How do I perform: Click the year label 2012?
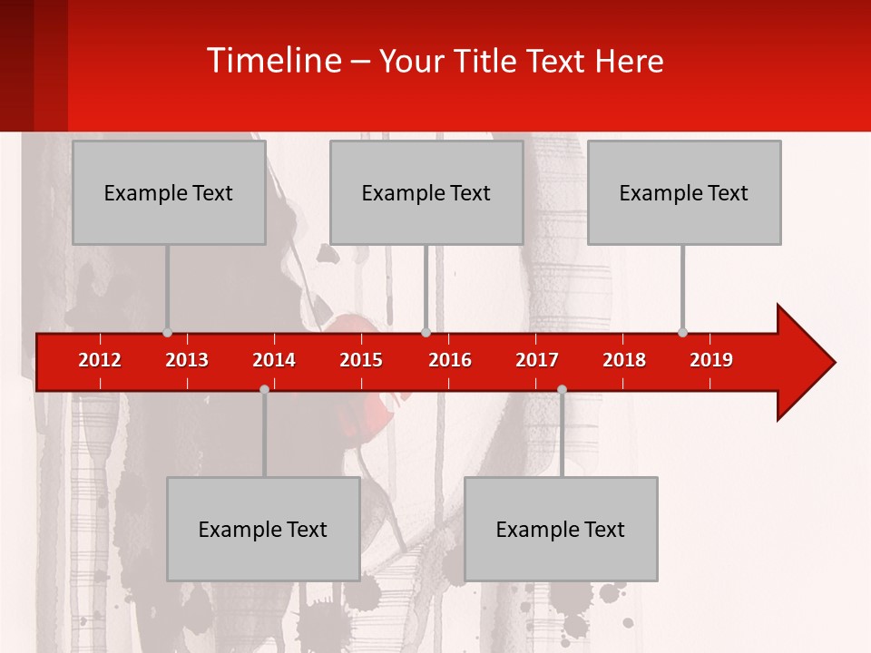[x=100, y=361]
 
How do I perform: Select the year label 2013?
[x=187, y=361]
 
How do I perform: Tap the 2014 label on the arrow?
[x=274, y=361]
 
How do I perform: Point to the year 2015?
[x=361, y=361]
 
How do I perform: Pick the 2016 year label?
[x=450, y=361]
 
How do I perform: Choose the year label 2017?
[x=537, y=361]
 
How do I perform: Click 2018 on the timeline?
[x=624, y=361]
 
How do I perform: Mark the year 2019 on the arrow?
[x=711, y=361]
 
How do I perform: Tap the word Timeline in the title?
[x=273, y=62]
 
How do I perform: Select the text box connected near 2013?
[x=169, y=192]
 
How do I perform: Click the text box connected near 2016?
[x=426, y=192]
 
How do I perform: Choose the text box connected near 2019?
[x=684, y=192]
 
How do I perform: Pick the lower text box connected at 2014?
[x=263, y=529]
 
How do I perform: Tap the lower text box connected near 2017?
[x=561, y=529]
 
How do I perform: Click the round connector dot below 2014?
[x=264, y=389]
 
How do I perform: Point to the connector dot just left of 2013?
[x=167, y=333]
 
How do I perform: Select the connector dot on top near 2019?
[x=682, y=332]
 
